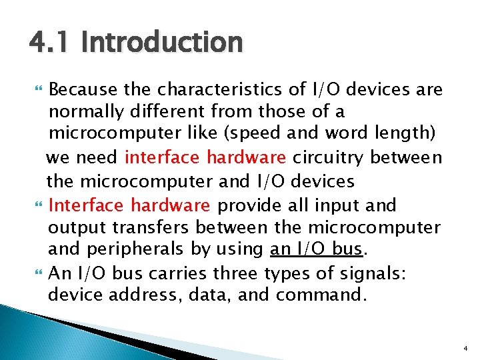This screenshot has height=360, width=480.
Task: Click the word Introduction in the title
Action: (x=161, y=43)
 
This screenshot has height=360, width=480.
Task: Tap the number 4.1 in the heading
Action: (x=51, y=43)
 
